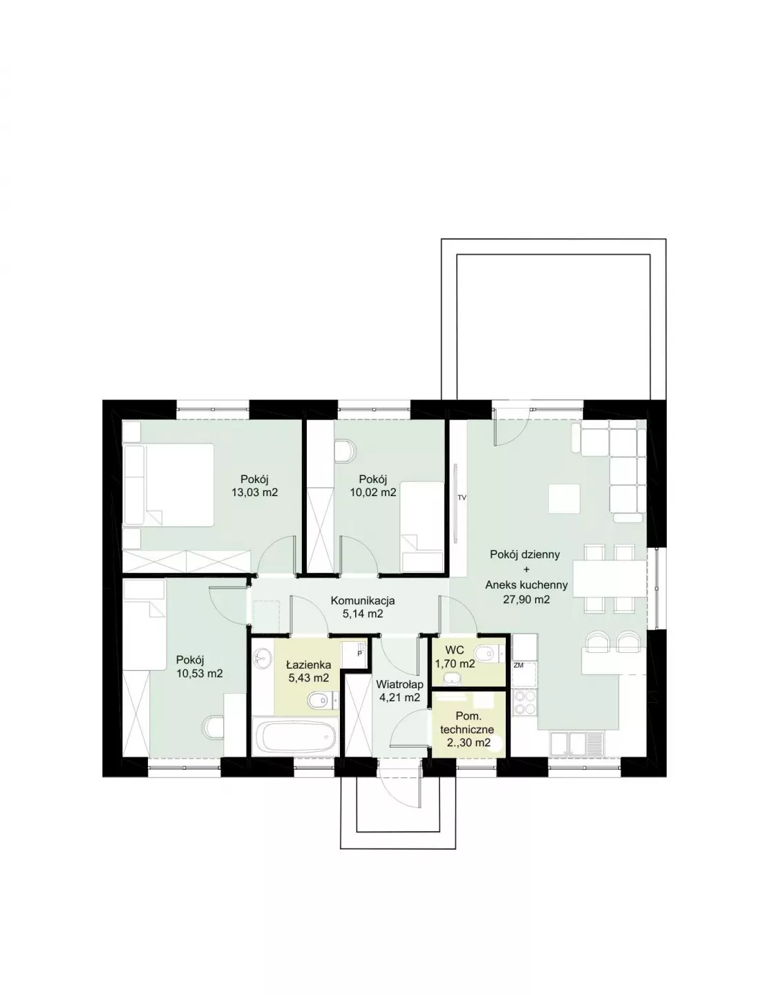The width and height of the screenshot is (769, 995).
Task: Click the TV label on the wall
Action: (x=462, y=497)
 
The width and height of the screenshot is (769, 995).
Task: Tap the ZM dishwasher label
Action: (x=518, y=665)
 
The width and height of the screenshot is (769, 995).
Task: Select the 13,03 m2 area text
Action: (x=254, y=493)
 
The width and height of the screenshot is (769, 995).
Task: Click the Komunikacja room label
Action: (x=363, y=600)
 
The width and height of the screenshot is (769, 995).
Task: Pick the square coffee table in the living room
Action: (x=564, y=499)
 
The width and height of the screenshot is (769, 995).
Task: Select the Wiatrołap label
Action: (x=399, y=684)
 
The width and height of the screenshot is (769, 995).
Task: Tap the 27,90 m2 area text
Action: (x=526, y=599)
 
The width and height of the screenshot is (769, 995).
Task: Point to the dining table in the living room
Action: (x=610, y=579)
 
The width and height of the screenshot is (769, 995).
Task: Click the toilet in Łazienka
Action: (x=321, y=700)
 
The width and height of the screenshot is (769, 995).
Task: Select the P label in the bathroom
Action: (x=359, y=654)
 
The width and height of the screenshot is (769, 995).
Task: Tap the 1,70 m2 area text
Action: (x=455, y=663)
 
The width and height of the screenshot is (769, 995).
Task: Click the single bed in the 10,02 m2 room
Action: (x=422, y=527)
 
